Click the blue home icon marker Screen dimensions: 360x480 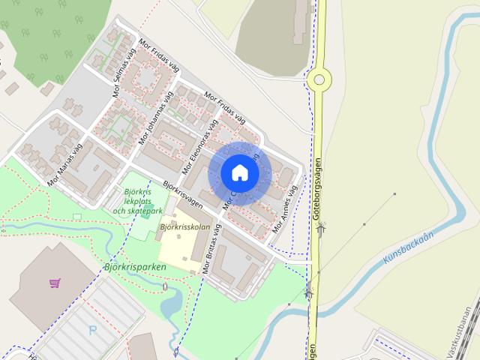(x=239, y=172)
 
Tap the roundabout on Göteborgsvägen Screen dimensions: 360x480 (x=319, y=78)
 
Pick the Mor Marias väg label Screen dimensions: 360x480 (x=68, y=164)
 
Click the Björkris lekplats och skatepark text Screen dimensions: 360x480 (x=136, y=202)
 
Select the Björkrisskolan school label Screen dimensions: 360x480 (x=183, y=226)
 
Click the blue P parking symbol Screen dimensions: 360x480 (x=92, y=330)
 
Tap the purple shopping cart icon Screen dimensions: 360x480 (x=55, y=283)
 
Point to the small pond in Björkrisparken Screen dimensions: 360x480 (x=169, y=303)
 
